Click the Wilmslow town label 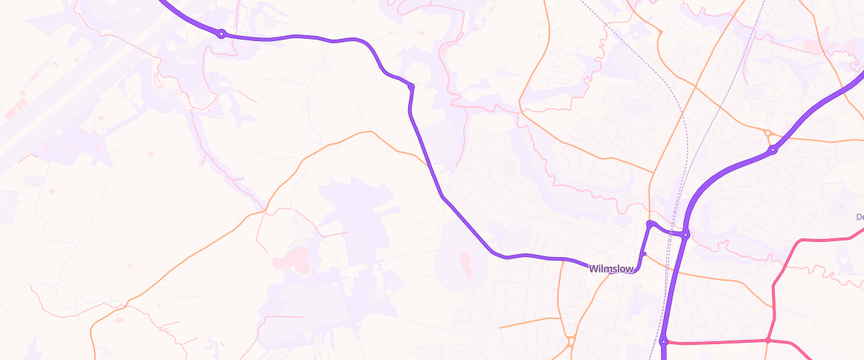tap(611, 269)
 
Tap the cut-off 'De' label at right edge tap(859, 217)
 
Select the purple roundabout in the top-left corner tap(222, 33)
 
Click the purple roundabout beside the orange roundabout tap(773, 150)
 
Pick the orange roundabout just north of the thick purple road tap(768, 133)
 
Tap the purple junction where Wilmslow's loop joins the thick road tap(686, 234)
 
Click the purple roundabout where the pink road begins tap(663, 342)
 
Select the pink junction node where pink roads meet tap(768, 340)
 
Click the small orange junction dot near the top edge tap(660, 32)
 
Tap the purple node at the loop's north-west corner tap(649, 224)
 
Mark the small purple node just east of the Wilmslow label tap(644, 253)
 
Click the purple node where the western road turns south tap(411, 87)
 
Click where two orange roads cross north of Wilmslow tap(652, 174)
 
